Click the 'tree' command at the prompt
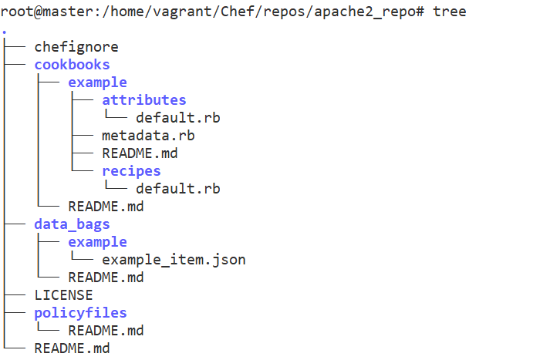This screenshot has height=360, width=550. tap(450, 12)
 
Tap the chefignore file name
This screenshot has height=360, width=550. tap(76, 47)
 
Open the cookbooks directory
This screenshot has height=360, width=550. tap(72, 65)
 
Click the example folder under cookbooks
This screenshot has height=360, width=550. tap(97, 82)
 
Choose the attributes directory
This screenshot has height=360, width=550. tap(143, 100)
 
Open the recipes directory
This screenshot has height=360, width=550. tap(131, 171)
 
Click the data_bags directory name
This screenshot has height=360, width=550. tap(72, 224)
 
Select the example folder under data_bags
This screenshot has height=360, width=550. tap(97, 242)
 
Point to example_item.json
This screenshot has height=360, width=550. tap(174, 260)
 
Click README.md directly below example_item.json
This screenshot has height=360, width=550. tap(106, 278)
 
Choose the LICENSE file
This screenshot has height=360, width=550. tap(63, 295)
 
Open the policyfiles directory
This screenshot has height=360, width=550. tap(80, 313)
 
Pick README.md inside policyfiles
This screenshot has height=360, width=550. tap(106, 331)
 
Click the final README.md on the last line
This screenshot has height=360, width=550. tap(72, 348)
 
